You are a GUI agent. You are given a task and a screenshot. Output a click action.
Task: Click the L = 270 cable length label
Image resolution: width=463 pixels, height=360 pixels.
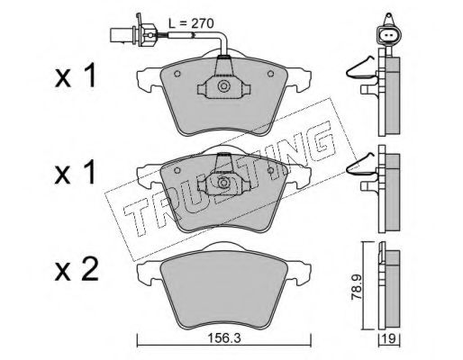pos(191,23)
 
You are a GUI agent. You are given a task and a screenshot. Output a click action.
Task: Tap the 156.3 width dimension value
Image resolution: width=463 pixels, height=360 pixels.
pos(224,338)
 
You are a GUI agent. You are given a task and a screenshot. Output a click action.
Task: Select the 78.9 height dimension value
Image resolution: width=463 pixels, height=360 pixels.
pos(357,286)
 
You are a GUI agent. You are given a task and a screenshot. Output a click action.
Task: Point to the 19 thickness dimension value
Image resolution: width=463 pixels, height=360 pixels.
pos(389,339)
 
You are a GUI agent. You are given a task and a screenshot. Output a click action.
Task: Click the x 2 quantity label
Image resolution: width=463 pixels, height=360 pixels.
pos(77,271)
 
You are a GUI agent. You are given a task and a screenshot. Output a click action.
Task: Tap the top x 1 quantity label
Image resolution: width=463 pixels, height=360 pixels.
pos(76,76)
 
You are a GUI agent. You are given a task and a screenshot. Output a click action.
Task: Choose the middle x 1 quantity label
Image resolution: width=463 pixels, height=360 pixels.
pos(76,173)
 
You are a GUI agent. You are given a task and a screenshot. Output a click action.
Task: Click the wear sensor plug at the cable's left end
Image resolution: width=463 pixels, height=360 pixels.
pos(133,34)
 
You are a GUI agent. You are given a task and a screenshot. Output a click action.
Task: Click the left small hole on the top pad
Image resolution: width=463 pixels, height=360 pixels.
pos(177,73)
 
